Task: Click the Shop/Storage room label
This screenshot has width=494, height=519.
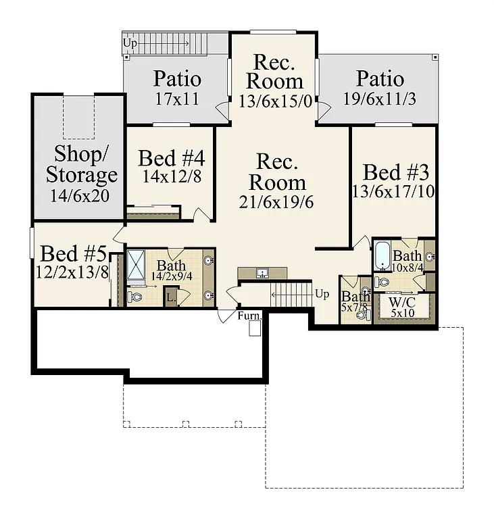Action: tap(82, 164)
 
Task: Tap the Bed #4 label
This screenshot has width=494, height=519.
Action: tap(172, 159)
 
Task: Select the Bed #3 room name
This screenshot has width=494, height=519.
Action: tap(395, 172)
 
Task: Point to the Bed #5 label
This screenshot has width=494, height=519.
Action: tap(73, 254)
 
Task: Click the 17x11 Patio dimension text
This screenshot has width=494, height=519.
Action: tap(177, 99)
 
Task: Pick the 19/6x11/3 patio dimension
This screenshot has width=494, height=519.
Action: tap(380, 99)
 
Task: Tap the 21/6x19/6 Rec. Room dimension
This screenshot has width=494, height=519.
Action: tap(276, 201)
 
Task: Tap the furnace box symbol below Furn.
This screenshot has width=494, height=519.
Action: tap(255, 328)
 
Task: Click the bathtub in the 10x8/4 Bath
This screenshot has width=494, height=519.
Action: tap(382, 255)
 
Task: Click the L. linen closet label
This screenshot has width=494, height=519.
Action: tap(170, 297)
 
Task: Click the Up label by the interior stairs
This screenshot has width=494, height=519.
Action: tap(322, 295)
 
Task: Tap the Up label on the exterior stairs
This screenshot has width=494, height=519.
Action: tap(128, 43)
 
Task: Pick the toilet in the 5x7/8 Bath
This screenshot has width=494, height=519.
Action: tap(361, 314)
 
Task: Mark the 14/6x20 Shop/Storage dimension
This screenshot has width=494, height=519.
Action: tap(82, 196)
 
